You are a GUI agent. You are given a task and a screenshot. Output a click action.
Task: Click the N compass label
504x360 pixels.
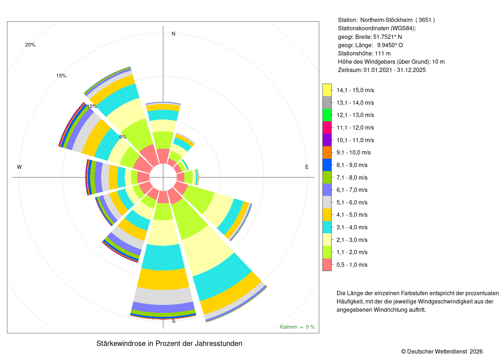point(174,34)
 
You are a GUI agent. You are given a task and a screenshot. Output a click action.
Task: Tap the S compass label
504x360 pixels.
point(174,321)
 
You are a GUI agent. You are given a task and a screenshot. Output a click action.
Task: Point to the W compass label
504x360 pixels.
point(19,167)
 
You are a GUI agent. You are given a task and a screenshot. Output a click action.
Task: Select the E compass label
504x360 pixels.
point(307,167)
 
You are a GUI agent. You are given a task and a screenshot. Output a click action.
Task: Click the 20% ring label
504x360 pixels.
point(30,45)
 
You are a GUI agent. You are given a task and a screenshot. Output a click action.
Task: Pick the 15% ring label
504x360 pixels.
point(61,76)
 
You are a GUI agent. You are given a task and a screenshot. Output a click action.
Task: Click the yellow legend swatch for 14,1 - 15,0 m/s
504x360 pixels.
point(327,90)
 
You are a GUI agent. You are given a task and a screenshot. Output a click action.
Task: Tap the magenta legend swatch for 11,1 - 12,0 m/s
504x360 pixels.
point(327,127)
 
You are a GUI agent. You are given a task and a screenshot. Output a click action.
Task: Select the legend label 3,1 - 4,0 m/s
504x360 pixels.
point(352,227)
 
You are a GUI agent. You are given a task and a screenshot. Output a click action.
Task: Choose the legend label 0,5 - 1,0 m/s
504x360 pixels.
point(352,265)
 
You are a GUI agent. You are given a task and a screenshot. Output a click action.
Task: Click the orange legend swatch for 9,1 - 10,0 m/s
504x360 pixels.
point(327,153)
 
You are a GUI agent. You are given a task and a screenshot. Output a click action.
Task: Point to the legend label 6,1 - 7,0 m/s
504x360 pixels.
point(352,190)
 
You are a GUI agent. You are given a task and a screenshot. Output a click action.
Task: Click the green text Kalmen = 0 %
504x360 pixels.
point(297,327)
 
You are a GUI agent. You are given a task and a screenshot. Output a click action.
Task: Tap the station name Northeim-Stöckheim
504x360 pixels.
point(386,20)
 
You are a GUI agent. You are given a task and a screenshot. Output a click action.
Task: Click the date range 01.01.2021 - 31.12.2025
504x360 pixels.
point(395,70)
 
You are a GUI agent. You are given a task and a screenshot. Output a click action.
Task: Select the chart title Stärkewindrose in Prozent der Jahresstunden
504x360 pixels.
point(169,343)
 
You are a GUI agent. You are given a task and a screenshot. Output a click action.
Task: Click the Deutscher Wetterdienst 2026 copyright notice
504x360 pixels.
point(442,351)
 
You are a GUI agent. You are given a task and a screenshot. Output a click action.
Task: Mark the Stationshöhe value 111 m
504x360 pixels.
point(382,53)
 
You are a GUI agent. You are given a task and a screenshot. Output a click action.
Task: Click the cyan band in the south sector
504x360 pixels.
point(163,257)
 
